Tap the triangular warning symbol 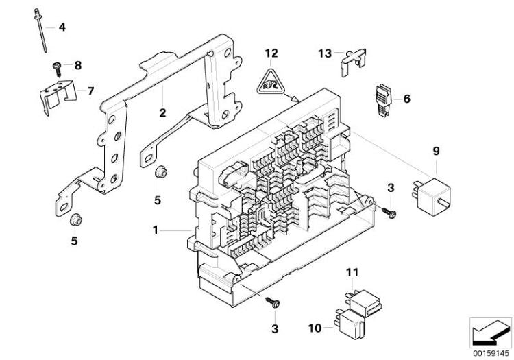coord(272,85)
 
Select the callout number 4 coord(62,27)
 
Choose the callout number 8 coord(77,66)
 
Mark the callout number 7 coord(88,91)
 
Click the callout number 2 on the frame coord(162,112)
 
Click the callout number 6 coord(406,99)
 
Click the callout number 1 coord(157,231)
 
